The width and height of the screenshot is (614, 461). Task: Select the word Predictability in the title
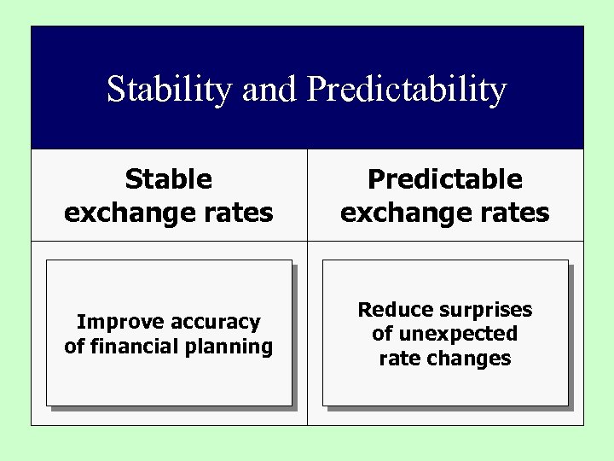tap(407, 90)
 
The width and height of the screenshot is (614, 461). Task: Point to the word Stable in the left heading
tap(168, 179)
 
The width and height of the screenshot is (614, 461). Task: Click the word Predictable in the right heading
tap(444, 179)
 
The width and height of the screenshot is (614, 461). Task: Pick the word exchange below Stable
tap(128, 213)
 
